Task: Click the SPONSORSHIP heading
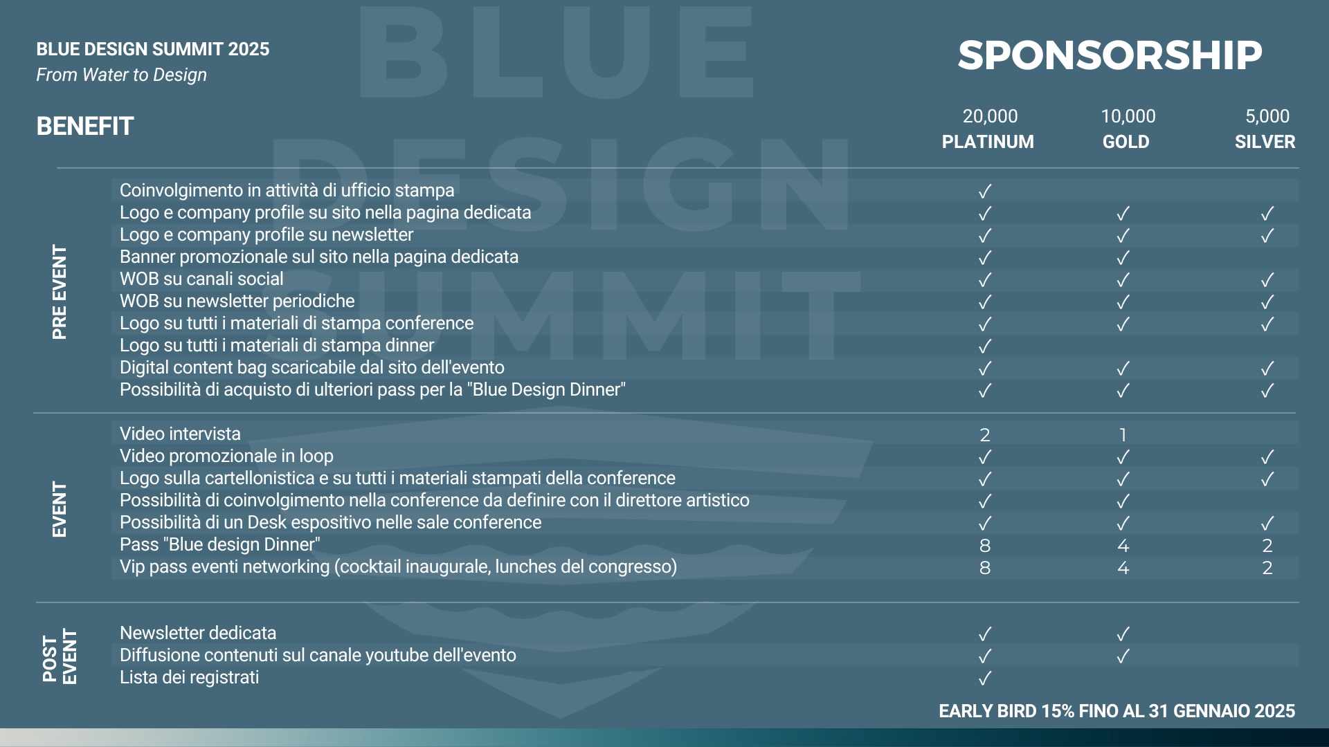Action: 1110,55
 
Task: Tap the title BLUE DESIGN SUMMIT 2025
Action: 153,49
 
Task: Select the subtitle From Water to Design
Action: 122,75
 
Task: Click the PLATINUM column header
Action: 988,142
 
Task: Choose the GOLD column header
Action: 1125,142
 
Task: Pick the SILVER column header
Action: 1265,142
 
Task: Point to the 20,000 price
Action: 990,116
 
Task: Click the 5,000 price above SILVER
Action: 1267,116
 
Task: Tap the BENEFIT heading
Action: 85,126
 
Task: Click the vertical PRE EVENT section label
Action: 60,292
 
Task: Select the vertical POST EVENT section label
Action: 60,656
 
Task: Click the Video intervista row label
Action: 180,434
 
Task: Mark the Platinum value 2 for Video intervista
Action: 985,435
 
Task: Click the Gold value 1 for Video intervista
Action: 1123,435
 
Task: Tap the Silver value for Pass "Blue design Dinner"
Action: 1267,546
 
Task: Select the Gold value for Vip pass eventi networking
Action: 1123,568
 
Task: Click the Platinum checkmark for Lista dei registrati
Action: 985,678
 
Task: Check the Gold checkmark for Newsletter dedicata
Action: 1123,634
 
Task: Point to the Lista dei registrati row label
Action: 190,677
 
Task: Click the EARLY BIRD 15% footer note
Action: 1116,711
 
